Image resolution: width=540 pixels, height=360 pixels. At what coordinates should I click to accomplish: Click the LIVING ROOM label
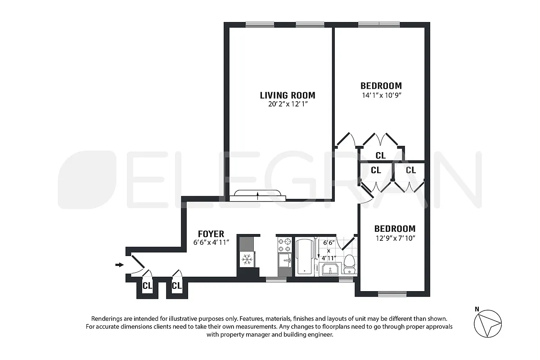click(x=288, y=95)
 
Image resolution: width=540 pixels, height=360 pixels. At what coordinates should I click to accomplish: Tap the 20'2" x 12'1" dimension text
click(x=288, y=104)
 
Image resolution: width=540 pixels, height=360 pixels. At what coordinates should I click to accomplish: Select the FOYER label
click(x=211, y=234)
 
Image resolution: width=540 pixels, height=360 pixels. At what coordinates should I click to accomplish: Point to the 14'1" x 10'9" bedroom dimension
click(x=381, y=95)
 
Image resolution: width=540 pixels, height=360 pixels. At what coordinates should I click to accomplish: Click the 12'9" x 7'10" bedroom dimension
click(x=395, y=238)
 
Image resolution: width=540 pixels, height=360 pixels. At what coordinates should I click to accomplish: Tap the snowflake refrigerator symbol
click(x=246, y=259)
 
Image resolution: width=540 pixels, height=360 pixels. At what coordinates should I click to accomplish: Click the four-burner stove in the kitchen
click(x=284, y=245)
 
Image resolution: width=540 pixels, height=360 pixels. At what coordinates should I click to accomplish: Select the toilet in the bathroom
click(x=349, y=264)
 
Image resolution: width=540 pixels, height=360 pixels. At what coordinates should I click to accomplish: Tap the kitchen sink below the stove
click(x=284, y=260)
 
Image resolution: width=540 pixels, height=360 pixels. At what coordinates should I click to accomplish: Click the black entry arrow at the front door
click(x=119, y=265)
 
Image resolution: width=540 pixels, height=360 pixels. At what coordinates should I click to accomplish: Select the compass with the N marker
click(x=488, y=324)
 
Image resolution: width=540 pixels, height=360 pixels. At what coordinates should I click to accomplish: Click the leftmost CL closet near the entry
click(x=147, y=285)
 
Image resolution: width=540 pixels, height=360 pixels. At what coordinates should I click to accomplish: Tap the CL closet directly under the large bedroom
click(x=380, y=156)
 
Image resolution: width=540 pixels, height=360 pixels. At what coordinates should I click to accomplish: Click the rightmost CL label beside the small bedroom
click(x=410, y=170)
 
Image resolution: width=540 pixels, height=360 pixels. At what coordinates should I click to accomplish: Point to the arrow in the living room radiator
click(x=257, y=195)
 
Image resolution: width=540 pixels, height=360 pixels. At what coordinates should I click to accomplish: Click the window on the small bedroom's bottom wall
click(x=392, y=294)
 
